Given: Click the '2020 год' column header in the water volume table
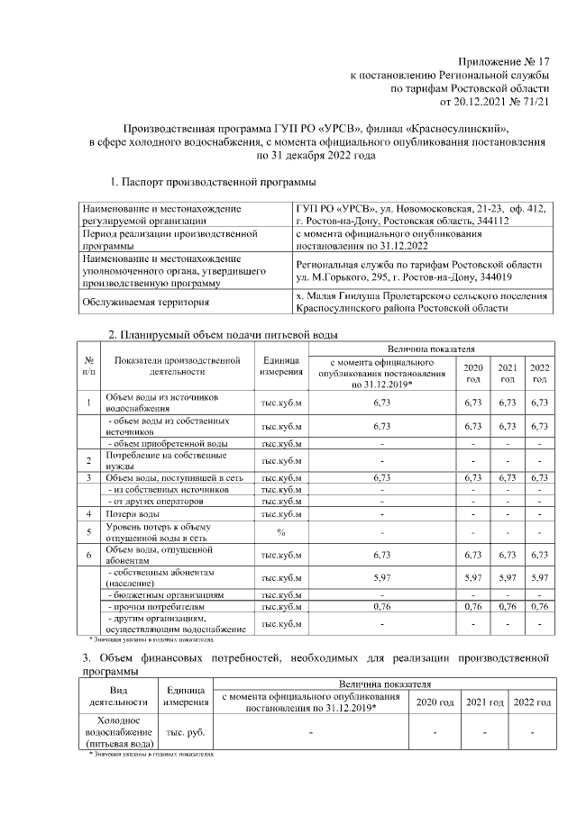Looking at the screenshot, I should pos(473,373).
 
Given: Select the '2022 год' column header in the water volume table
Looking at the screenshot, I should pos(539,373).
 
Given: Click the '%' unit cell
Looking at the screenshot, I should pos(280,531).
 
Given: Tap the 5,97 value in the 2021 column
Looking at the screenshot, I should pos(508,577).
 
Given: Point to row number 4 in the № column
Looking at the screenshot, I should pos(89,513).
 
